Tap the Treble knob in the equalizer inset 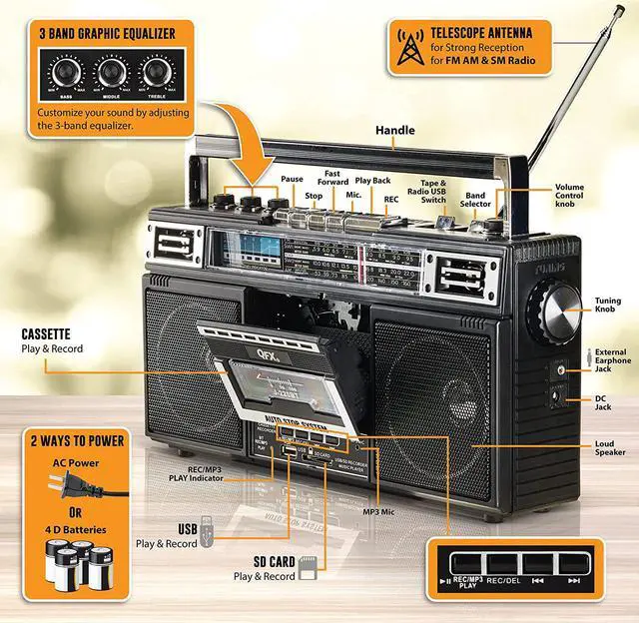tap(156, 73)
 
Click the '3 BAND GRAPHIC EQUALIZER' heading tap(107, 33)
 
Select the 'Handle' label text tap(395, 131)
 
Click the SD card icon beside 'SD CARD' tap(308, 568)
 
